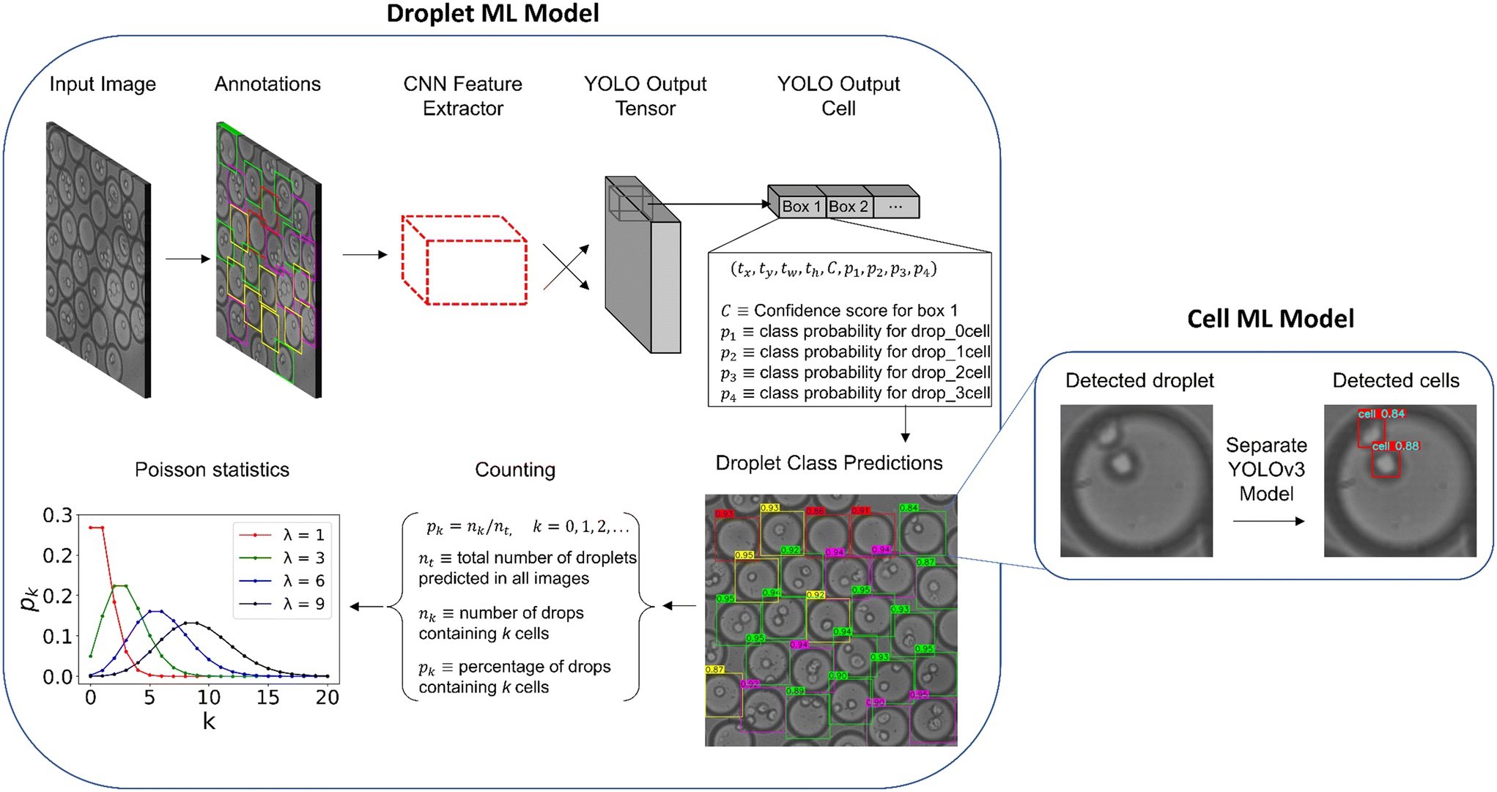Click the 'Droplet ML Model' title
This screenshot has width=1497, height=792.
click(x=492, y=14)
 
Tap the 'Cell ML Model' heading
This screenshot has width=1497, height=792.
click(x=1270, y=319)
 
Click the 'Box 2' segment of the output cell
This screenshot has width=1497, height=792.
click(x=848, y=207)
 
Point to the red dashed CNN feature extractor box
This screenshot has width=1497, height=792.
click(x=465, y=260)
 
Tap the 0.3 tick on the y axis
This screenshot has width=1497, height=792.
click(x=57, y=516)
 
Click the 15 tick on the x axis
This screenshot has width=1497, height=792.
click(x=267, y=697)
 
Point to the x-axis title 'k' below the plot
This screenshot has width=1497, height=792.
click(x=209, y=722)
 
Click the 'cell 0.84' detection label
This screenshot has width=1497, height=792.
click(x=1381, y=414)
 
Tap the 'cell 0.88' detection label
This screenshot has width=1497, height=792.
click(x=1395, y=446)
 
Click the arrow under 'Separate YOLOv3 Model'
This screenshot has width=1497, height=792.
click(x=1268, y=522)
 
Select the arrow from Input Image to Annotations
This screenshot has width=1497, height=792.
click(x=188, y=259)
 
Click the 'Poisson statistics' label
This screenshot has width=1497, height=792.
click(x=212, y=470)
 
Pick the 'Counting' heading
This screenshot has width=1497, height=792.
click(x=515, y=470)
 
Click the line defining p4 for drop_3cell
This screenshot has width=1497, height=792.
click(x=854, y=393)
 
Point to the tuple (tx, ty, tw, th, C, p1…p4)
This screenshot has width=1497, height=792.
click(x=833, y=270)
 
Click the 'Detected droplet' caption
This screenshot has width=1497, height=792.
click(x=1139, y=381)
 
